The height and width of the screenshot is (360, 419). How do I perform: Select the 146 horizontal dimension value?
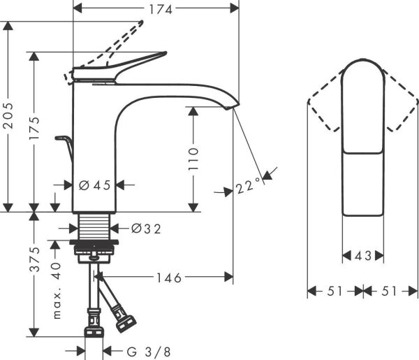pyautogui.click(x=168, y=278)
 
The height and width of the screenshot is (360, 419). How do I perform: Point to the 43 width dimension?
pyautogui.click(x=363, y=256)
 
